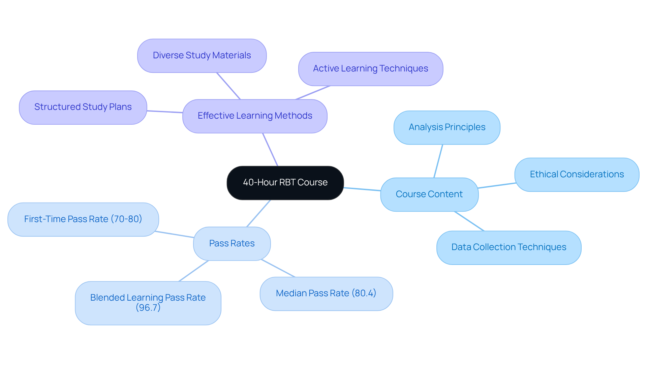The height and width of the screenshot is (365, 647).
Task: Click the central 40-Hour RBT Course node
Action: coord(285,183)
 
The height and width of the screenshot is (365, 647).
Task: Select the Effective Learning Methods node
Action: coord(255,116)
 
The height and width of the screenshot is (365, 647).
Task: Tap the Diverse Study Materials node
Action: coord(202,56)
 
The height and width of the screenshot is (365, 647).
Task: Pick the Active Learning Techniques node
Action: coord(370,69)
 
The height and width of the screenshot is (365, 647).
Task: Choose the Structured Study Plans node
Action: coord(83,107)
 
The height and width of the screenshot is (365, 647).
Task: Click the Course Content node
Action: coord(429,194)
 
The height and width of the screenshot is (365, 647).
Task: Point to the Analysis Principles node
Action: coord(447,127)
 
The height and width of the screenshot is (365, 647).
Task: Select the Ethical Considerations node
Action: coord(577,175)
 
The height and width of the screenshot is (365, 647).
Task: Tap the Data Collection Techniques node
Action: coord(509,247)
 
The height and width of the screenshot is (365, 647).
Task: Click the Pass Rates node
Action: coord(232,244)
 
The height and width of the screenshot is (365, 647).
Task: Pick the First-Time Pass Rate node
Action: coord(83,219)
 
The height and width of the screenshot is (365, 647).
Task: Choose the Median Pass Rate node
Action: coord(326,294)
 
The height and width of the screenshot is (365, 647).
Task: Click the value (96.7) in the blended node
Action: coord(148,308)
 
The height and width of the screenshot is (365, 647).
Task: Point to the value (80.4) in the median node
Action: coord(364,293)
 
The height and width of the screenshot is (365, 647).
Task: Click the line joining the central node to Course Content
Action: coord(362,189)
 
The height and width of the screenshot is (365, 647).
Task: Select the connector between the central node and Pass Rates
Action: coord(258,213)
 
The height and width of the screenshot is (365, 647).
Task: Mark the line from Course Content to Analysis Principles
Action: coord(438,161)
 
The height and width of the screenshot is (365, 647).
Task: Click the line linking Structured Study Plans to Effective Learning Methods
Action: coord(165,112)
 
